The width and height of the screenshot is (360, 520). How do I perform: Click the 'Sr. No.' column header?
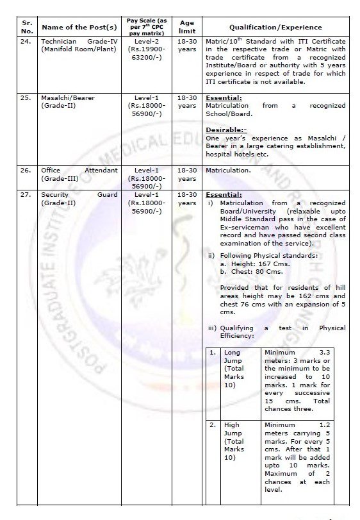tap(26, 27)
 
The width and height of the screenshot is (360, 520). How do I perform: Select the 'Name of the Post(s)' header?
tap(79, 28)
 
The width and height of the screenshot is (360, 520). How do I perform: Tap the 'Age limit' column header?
tap(187, 27)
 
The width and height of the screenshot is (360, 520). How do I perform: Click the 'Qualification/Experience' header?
tap(275, 28)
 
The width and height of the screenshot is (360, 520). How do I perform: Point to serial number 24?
tap(25, 41)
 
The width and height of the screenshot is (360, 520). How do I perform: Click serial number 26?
tap(25, 171)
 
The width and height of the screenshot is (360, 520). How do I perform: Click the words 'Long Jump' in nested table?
tap(233, 356)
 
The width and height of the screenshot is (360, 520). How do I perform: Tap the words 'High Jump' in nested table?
tap(233, 428)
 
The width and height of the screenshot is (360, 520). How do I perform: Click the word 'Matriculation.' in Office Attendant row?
tap(227, 171)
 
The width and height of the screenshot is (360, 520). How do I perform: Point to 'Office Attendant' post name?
tap(79, 171)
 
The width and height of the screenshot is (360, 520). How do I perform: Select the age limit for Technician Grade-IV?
tap(187, 45)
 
